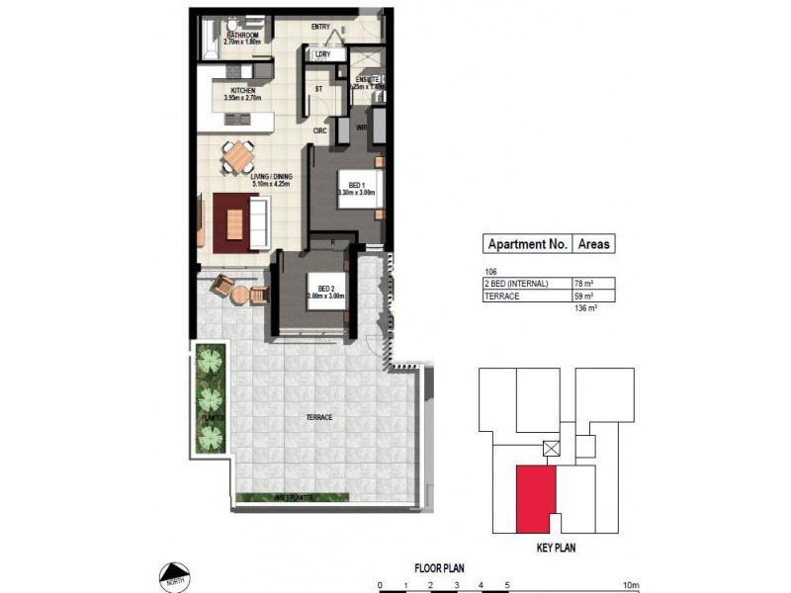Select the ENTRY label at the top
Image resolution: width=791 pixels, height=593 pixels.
tap(320, 27)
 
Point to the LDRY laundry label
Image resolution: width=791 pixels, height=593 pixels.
tap(321, 54)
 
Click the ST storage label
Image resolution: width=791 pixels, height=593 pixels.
tap(318, 89)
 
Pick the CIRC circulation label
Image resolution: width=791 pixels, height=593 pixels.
tap(319, 129)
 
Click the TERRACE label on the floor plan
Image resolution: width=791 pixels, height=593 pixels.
tap(318, 418)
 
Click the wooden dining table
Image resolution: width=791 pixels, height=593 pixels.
tap(237, 155)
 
